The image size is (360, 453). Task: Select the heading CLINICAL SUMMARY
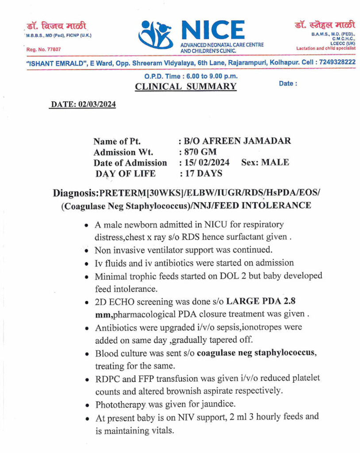tap(185, 86)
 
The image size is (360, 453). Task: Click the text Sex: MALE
tap(265, 162)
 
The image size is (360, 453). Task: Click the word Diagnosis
tap(76, 194)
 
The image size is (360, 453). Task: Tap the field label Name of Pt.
tap(117, 142)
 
